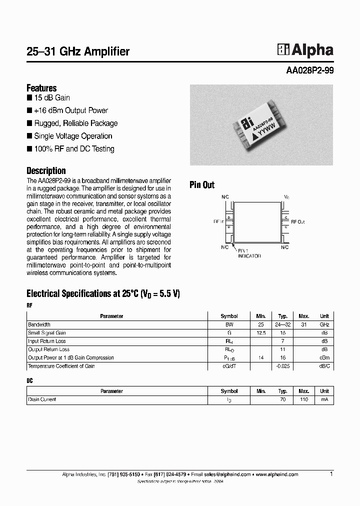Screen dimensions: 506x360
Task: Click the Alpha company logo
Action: tap(305, 49)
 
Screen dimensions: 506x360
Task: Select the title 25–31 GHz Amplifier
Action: tap(78, 51)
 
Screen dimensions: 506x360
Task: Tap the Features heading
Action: tap(41, 88)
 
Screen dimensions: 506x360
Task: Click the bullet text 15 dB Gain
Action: tap(52, 98)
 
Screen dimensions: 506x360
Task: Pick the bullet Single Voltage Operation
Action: tap(73, 136)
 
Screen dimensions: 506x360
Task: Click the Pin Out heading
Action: tap(202, 185)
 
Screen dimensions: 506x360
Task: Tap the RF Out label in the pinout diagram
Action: tap(297, 221)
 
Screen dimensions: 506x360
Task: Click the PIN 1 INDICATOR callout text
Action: tap(248, 252)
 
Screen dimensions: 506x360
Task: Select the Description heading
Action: tap(46, 170)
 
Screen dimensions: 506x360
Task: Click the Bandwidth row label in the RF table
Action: tap(39, 324)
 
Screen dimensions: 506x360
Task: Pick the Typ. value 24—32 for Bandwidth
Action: tap(282, 324)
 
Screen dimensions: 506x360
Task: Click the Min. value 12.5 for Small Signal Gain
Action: tap(260, 333)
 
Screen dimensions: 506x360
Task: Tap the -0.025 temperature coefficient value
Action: tap(282, 366)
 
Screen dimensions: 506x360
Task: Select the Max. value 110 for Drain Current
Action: tap(304, 400)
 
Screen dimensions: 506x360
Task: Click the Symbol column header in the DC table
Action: tap(229, 391)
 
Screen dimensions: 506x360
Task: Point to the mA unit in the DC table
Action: tap(324, 400)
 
